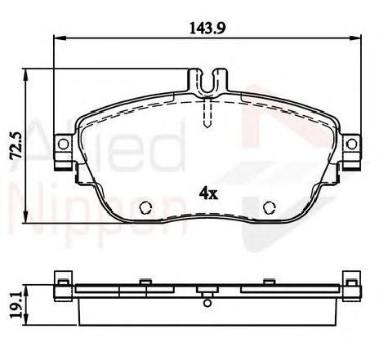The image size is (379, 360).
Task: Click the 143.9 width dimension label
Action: pyautogui.click(x=207, y=28)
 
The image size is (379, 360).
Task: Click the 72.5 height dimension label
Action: pyautogui.click(x=16, y=145)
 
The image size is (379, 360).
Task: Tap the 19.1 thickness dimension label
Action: pyautogui.click(x=16, y=304)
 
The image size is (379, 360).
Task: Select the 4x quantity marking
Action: pyautogui.click(x=208, y=193)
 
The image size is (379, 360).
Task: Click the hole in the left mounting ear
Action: pyautogui.click(x=64, y=144)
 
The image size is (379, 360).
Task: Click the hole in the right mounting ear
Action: pyautogui.click(x=352, y=144)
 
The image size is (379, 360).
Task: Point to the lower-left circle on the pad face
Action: pyautogui.click(x=145, y=207)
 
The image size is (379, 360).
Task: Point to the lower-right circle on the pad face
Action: pyautogui.click(x=270, y=207)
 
